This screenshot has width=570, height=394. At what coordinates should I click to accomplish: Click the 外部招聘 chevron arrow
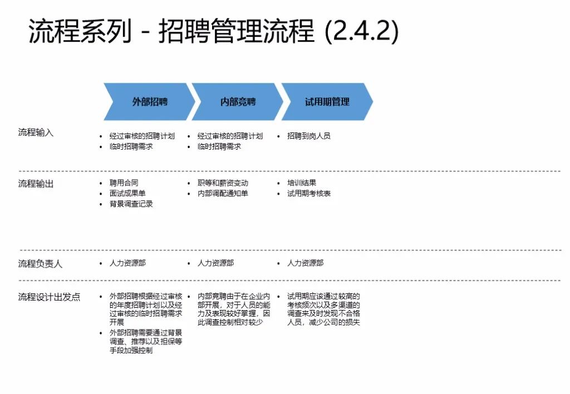pos(149,102)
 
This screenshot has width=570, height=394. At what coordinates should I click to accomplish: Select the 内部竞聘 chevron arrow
pos(238,102)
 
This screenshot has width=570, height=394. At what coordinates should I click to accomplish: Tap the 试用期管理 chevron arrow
pos(327,102)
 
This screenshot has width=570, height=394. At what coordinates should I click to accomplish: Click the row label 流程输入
pos(36,132)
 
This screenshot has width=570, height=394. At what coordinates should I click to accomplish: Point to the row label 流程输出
pos(36,184)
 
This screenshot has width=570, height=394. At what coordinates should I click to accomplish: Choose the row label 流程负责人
pos(40,264)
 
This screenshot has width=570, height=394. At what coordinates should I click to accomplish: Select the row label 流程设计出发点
pos(49,297)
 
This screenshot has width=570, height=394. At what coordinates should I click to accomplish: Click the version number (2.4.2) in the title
pos(361,32)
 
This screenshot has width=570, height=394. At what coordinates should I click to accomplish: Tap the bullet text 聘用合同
pos(124,183)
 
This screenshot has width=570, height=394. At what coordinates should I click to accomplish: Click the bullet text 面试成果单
pos(127,193)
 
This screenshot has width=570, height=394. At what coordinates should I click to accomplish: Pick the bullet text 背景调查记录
pos(131,204)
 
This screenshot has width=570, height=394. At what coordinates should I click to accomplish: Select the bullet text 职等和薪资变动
pos(223,183)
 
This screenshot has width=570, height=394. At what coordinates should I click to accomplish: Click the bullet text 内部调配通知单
pos(223,193)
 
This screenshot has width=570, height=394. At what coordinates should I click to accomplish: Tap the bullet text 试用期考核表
pos(309,193)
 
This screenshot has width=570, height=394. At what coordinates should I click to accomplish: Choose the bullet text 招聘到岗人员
pos(309,136)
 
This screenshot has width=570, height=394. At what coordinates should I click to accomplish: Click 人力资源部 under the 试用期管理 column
pos(305,263)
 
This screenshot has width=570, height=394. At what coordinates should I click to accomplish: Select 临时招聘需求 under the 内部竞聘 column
pos(219,146)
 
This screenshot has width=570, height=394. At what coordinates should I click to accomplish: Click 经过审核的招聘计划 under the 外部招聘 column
pos(142,136)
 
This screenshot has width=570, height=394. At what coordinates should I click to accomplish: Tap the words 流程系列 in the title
pos(80,32)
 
